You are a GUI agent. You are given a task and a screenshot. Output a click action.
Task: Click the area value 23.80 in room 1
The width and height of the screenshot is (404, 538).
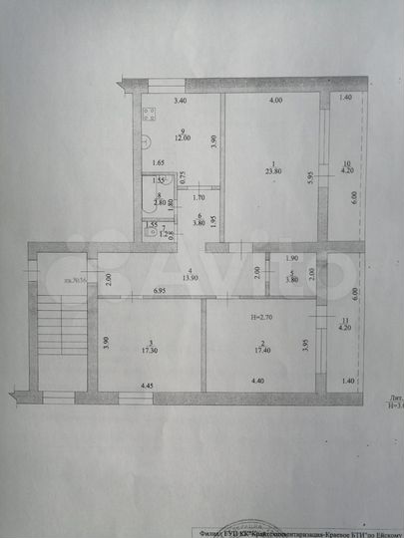point(270,170)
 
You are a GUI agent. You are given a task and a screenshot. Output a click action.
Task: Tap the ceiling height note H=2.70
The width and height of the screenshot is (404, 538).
point(261,317)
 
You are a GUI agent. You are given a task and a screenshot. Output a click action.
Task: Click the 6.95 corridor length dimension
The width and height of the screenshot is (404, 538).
point(161,290)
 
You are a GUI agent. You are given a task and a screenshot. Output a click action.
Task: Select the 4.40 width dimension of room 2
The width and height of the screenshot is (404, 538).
point(257,380)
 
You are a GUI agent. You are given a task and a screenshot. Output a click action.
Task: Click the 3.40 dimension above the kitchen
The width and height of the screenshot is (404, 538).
point(180,102)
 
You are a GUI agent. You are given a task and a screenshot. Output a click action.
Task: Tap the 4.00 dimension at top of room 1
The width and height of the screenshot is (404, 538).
point(272,102)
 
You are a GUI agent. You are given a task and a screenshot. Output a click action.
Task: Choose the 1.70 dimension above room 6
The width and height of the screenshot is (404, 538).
point(199,197)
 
